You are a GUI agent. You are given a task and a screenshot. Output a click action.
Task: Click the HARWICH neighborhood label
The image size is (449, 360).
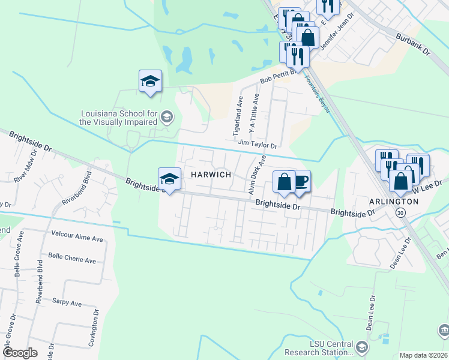pyautogui.click(x=211, y=174)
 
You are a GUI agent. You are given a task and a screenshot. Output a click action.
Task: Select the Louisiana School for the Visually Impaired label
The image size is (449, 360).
pyautogui.click(x=119, y=117)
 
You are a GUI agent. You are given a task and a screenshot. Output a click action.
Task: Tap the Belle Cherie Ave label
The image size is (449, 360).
pyautogui.click(x=72, y=261)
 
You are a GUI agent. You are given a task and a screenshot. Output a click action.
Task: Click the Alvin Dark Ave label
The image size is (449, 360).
pyautogui.click(x=256, y=175)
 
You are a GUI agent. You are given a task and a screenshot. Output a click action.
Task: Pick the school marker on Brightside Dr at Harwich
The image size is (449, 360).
pyautogui.click(x=169, y=179)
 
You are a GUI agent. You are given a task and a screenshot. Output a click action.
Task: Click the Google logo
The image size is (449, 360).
pyautogui.click(x=20, y=353)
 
